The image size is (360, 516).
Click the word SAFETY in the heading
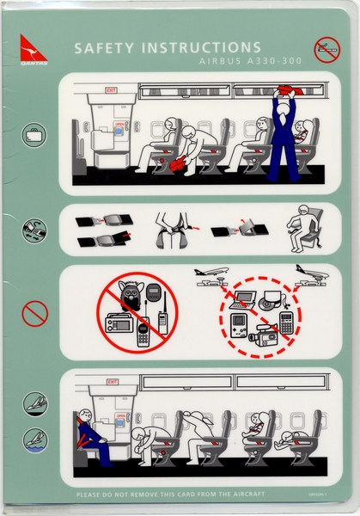point(105,48)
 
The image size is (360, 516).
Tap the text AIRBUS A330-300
point(219,63)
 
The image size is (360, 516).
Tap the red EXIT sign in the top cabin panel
point(111,89)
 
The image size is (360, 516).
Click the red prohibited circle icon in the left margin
point(34,313)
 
